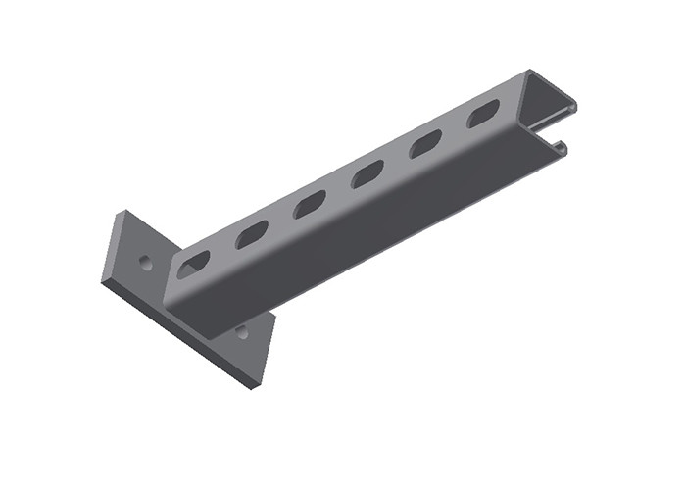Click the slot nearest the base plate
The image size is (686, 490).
point(194,263)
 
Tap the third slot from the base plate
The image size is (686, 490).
point(310,204)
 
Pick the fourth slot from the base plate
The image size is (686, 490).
point(367,174)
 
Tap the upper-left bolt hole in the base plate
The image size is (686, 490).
point(146,263)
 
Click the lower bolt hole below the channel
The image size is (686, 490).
point(241,333)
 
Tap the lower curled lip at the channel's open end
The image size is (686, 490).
point(562,147)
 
